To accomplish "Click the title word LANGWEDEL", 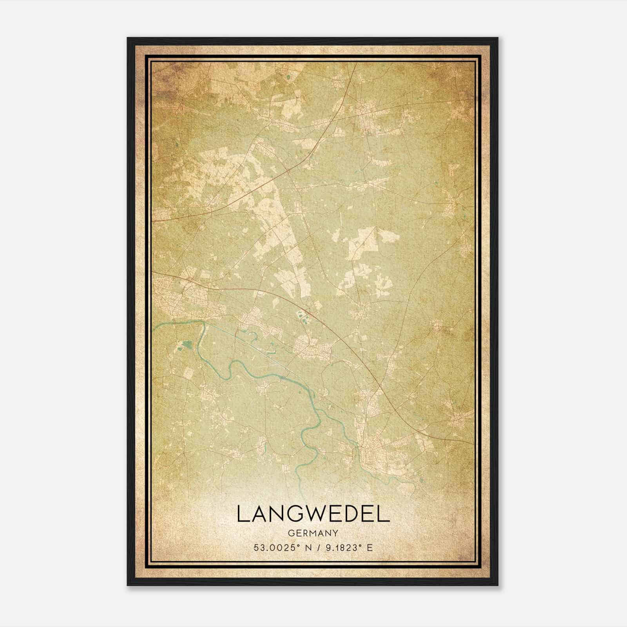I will (x=313, y=514).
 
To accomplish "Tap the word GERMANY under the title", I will (x=313, y=533).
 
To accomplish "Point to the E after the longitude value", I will (x=370, y=547).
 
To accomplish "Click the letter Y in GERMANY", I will (x=335, y=533).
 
